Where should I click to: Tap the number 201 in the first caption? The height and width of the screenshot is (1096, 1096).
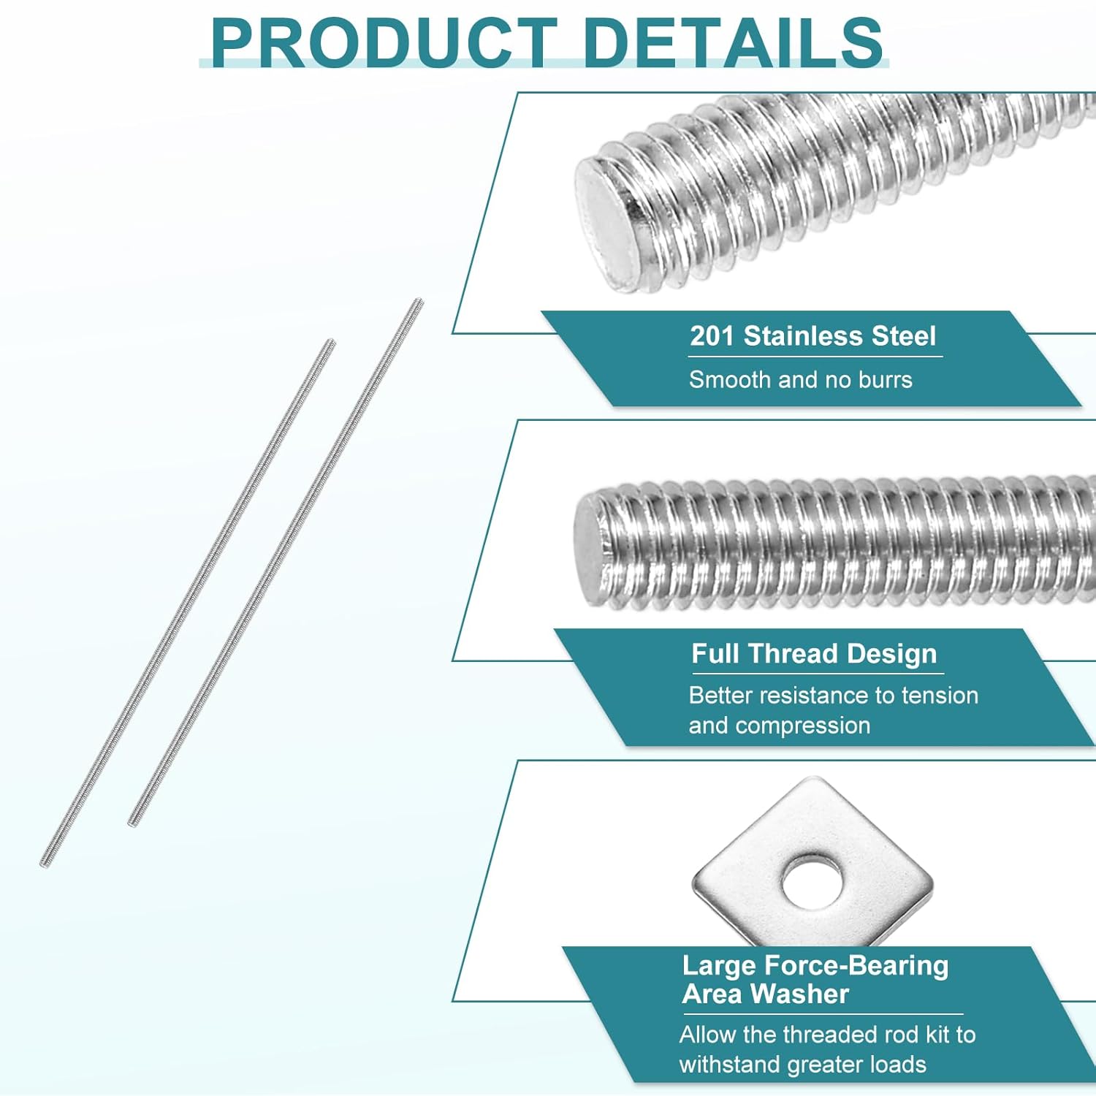tap(712, 336)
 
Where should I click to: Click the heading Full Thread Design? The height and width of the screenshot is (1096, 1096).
tap(814, 653)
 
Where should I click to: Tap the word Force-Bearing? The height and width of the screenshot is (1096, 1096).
tap(856, 966)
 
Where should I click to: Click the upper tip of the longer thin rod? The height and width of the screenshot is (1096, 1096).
tap(419, 302)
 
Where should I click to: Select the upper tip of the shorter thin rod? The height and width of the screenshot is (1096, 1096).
tap(331, 342)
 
